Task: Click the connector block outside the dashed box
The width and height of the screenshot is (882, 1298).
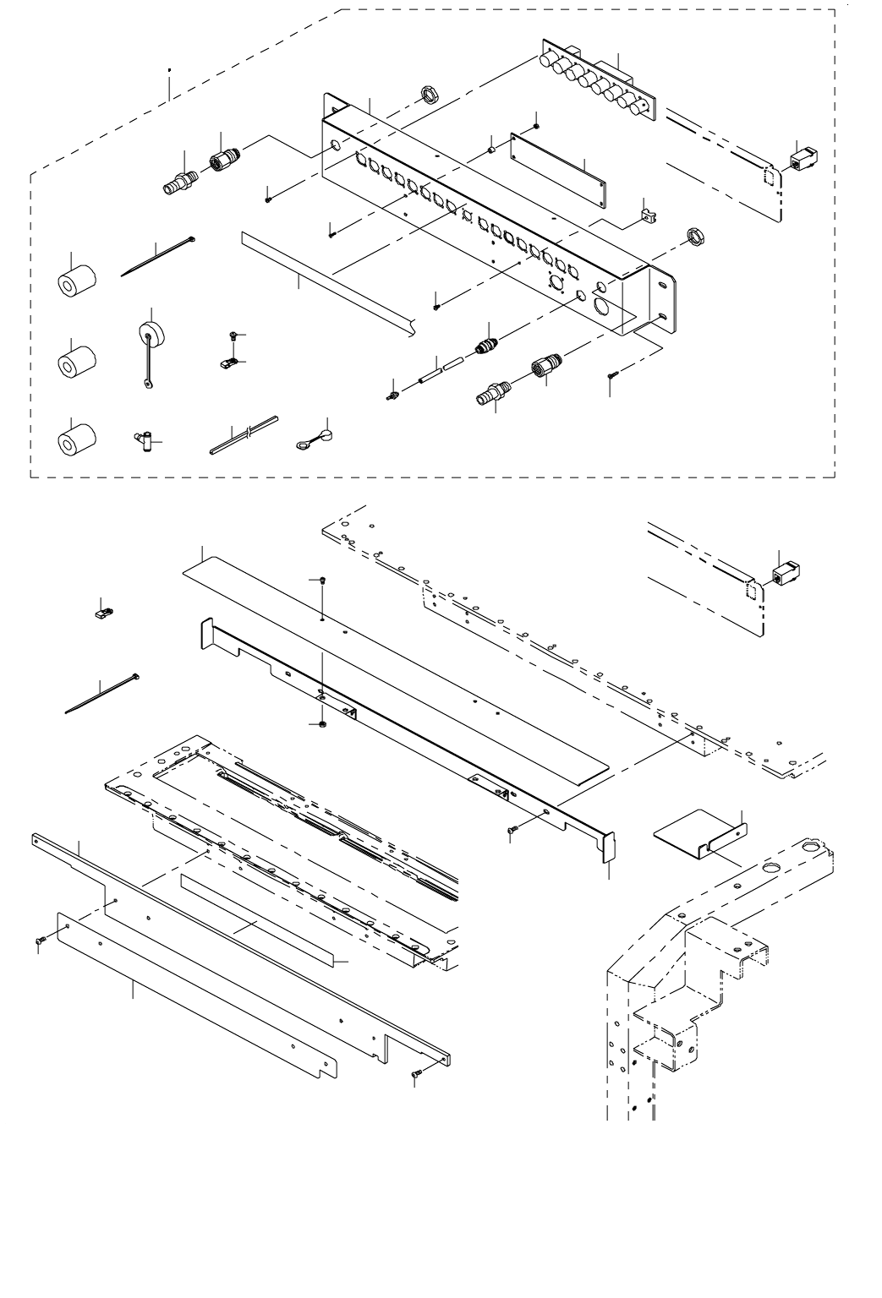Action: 786,575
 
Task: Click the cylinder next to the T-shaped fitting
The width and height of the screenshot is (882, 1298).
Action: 76,437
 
